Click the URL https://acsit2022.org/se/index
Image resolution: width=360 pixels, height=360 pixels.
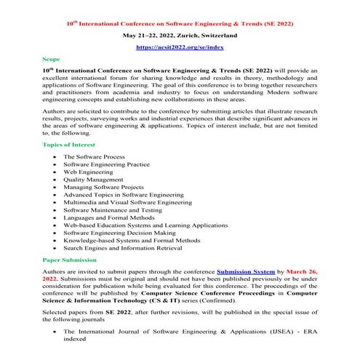pos(180,46)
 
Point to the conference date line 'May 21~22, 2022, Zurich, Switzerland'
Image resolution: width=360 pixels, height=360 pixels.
pos(180,34)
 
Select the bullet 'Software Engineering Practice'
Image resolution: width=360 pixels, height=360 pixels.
pos(106,164)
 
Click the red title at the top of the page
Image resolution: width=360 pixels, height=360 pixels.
pos(180,23)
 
